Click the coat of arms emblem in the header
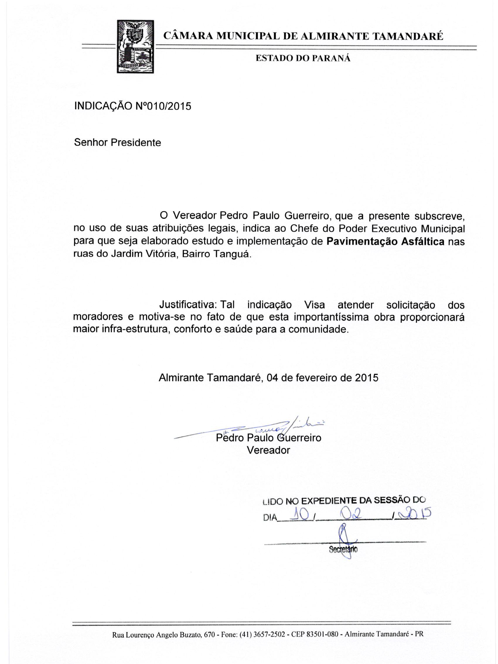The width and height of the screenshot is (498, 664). coord(135,47)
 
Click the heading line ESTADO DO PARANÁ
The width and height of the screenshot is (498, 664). coord(303,59)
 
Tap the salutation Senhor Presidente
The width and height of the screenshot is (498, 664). coord(117,142)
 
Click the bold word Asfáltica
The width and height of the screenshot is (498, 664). coord(423,242)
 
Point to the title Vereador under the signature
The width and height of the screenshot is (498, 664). coord(268,450)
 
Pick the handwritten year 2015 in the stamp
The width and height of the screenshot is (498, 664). coord(413,514)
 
